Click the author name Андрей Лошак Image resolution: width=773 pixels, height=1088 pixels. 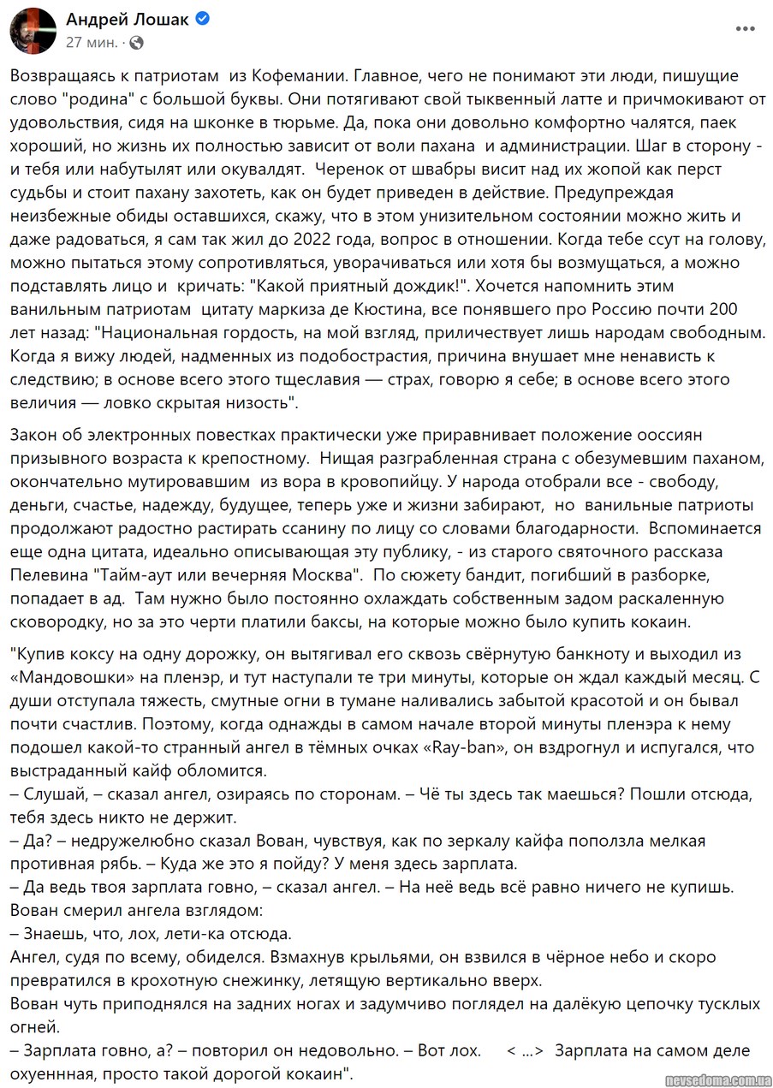pos(128,20)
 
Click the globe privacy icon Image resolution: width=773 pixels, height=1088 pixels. pos(137,42)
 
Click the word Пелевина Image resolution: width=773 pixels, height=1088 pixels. pos(46,570)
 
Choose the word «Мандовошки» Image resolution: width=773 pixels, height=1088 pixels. pos(80,676)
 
